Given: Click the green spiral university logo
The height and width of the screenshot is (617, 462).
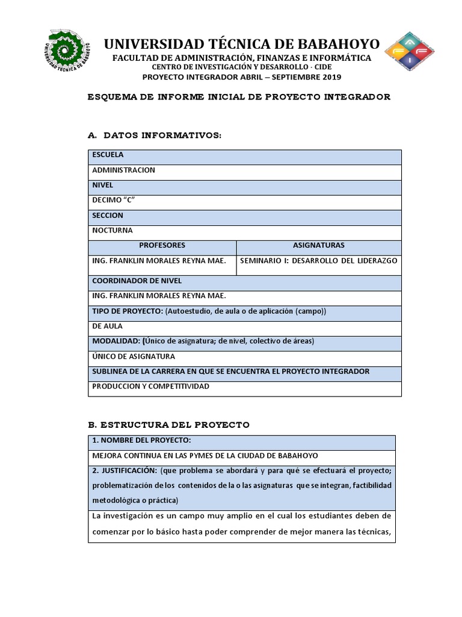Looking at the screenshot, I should [67, 52].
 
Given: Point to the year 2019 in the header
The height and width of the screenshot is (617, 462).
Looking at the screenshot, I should [331, 77].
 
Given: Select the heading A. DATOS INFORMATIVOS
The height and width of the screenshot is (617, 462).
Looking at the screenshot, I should [155, 136].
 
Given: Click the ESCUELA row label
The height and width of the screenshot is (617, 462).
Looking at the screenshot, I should [108, 155].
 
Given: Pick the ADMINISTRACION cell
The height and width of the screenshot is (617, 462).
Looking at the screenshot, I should [123, 170].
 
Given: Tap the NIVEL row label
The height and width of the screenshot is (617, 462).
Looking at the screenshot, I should [102, 185].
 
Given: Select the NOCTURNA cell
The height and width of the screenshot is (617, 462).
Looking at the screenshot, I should [112, 230].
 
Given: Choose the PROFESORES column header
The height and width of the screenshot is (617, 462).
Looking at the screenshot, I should [162, 245].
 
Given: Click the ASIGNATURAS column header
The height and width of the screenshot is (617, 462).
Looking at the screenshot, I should [319, 245].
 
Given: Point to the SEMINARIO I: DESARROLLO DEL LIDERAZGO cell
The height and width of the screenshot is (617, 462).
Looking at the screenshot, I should [319, 261].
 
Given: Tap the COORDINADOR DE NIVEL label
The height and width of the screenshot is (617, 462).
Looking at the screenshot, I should [137, 281].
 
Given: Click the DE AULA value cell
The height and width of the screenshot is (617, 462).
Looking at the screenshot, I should [107, 326].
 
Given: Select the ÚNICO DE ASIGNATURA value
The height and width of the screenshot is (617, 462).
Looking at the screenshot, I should [134, 356].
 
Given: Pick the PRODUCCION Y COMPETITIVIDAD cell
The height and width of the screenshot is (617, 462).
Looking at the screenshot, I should [150, 386].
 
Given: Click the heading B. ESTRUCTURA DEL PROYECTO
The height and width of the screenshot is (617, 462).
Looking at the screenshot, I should [168, 425].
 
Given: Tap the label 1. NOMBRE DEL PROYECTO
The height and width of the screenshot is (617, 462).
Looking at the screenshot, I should [141, 440].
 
